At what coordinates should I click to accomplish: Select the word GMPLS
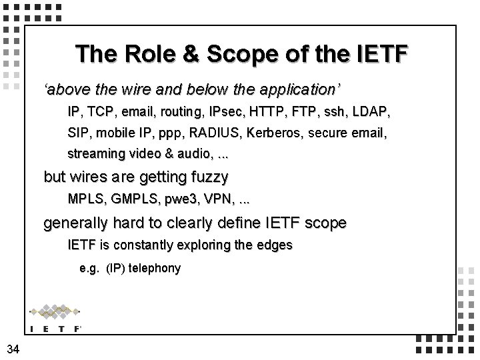[x=131, y=199]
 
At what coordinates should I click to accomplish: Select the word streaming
[x=96, y=153]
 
